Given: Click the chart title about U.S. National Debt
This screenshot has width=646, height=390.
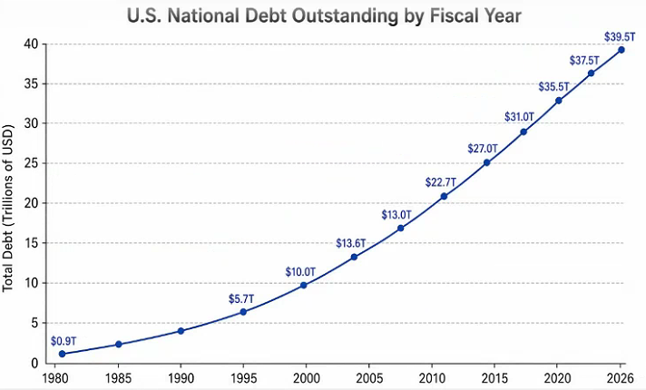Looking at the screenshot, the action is tap(324, 16).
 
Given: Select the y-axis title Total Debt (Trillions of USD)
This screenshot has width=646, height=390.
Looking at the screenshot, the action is tap(8, 208).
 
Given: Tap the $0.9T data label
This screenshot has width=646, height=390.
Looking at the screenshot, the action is tap(64, 341).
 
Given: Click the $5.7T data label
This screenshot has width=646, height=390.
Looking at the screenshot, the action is tap(241, 299).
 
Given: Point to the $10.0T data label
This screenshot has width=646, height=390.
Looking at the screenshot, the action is tap(300, 272).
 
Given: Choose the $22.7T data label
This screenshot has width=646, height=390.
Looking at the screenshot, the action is tap(441, 182).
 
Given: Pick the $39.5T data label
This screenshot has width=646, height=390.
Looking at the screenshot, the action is tap(620, 36).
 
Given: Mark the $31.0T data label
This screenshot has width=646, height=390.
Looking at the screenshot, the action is tap(519, 117).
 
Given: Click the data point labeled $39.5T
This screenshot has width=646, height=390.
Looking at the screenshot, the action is tap(622, 50).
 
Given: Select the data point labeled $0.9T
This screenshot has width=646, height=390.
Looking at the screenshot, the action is tap(63, 354).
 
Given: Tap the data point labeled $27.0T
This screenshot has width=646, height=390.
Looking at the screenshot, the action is tap(486, 162).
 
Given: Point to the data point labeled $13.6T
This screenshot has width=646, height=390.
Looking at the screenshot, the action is tap(354, 257).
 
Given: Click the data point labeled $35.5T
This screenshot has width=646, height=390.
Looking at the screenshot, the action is tap(559, 101).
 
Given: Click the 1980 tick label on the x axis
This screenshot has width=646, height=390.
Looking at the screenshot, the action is tap(55, 378).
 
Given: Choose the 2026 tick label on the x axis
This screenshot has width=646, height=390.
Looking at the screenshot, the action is tap(621, 378).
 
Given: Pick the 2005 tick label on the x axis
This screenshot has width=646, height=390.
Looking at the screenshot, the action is tap(369, 378).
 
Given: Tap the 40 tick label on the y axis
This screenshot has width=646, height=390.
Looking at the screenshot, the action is tap(31, 44).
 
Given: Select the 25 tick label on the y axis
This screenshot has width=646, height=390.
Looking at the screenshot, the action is tap(31, 163).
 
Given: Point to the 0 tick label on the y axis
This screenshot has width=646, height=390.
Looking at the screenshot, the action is tap(34, 364).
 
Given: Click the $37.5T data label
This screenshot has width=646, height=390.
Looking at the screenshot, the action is tap(584, 61).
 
